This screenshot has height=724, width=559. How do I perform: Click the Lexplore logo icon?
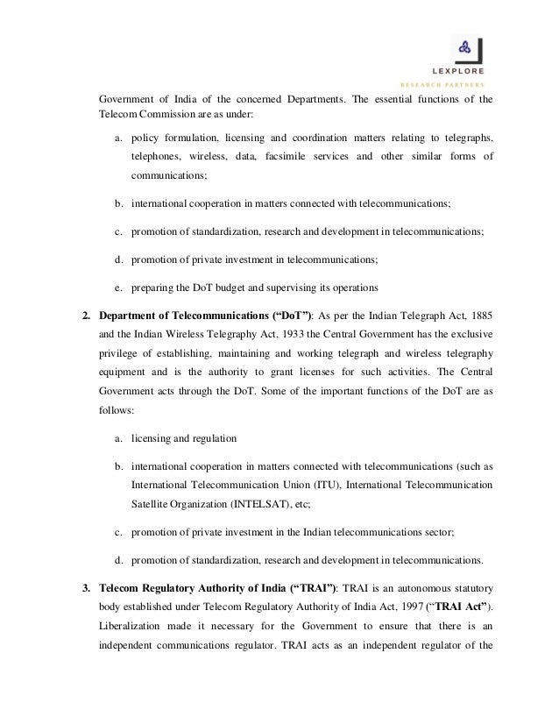465,49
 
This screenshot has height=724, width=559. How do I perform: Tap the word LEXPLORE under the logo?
464,71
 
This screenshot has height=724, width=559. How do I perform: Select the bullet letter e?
117,287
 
